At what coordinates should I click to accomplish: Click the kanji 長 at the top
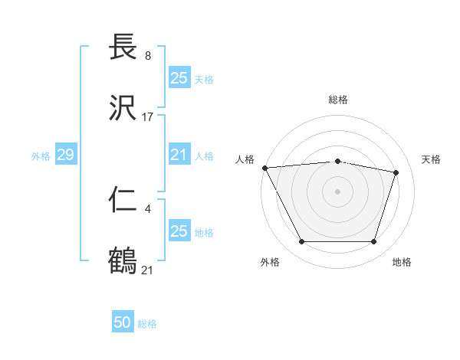coord(125,47)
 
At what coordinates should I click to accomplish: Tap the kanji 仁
coord(125,199)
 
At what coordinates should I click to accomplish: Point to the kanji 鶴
coord(125,260)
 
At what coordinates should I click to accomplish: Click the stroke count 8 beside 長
coord(147,56)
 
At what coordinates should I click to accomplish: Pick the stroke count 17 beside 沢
coord(148,117)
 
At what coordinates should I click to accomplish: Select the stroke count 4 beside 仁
coord(147,208)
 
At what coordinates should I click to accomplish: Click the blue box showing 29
coord(65,155)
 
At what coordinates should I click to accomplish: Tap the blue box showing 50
coord(123,322)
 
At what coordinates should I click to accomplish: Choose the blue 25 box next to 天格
coord(179,77)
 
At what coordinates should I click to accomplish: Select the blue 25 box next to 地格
coord(179,231)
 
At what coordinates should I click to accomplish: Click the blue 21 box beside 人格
coord(179,155)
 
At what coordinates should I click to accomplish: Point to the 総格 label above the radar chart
coord(338,100)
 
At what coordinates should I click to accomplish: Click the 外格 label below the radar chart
coord(270,262)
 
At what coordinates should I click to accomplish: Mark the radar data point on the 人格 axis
coord(264,168)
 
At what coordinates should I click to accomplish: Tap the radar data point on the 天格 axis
coord(396,172)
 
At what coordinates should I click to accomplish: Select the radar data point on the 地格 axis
coord(373,242)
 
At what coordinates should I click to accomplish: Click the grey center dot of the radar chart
coord(337,191)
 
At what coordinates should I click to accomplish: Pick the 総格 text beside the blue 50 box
coord(147,324)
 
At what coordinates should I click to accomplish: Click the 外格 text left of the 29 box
coord(40,156)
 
